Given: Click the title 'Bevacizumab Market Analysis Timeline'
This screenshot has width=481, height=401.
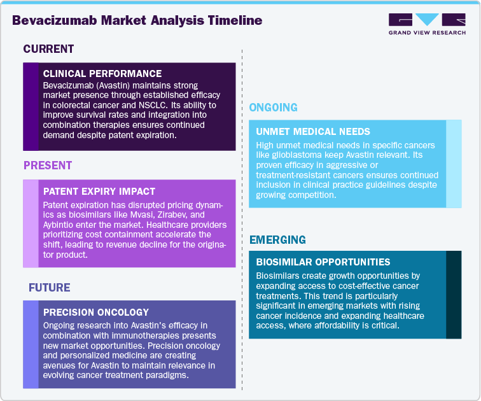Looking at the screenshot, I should [137, 20].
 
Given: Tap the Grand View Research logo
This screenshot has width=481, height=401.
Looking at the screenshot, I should [426, 23].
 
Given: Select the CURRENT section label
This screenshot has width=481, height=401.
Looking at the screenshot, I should [48, 49].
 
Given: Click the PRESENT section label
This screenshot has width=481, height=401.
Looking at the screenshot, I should [48, 166].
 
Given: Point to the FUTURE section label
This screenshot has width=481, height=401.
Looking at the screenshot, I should [49, 288].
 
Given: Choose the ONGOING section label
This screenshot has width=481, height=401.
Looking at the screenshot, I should [273, 108].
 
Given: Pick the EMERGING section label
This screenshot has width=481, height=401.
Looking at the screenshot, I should [277, 240].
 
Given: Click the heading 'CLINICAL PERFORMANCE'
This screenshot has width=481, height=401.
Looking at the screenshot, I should [102, 74].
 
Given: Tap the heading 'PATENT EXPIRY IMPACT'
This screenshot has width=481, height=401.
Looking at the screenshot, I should [99, 191].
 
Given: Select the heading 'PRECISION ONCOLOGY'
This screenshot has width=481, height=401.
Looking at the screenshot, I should [95, 313].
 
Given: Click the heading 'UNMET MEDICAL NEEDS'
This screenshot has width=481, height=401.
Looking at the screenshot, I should [312, 132].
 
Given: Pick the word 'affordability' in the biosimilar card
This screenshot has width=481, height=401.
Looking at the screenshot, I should [349, 326].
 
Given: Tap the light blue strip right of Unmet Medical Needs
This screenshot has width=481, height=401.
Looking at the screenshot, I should [454, 164].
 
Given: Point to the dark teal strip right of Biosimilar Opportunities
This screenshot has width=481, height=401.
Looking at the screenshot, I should [454, 294].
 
